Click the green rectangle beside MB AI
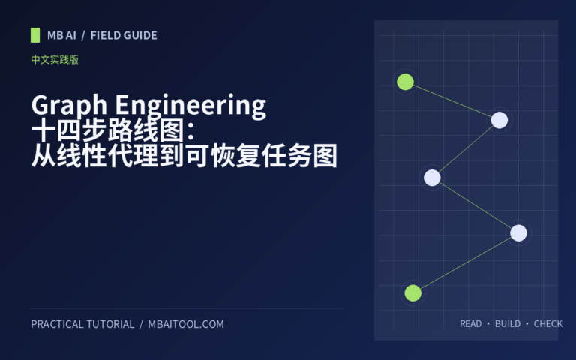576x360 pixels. point(35,35)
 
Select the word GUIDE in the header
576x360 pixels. point(141,36)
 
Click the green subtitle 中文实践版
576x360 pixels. point(55,59)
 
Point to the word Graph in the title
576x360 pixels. point(69,106)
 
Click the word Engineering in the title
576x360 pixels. point(190,106)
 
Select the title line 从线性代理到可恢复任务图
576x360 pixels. point(184,156)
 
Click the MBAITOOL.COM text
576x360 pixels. point(186,324)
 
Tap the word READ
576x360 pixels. point(470,324)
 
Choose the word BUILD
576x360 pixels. point(508,324)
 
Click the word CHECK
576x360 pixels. point(548,324)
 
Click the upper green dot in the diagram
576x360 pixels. point(405,82)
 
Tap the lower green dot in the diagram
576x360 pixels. point(413,292)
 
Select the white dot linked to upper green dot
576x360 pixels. point(499,120)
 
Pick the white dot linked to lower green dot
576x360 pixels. point(518,233)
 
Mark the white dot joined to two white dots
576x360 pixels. point(432,178)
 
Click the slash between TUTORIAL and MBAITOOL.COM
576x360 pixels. point(141,324)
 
